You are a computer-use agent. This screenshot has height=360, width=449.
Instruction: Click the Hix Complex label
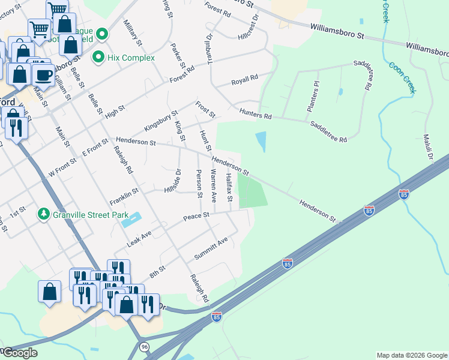pyautogui.click(x=131, y=58)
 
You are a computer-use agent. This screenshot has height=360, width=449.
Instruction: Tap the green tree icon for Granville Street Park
pyautogui.click(x=43, y=214)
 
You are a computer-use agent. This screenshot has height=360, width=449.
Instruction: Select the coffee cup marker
pyautogui.click(x=43, y=76)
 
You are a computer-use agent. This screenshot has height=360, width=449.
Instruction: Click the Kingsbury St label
pyautogui.click(x=160, y=121)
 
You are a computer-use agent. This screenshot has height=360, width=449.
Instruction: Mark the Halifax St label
pyautogui.click(x=229, y=187)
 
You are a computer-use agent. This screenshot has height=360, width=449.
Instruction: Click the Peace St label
pyautogui.click(x=196, y=216)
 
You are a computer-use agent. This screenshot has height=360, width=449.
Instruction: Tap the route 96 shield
pyautogui.click(x=144, y=347)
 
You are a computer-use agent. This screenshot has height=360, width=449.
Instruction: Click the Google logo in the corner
pyautogui.click(x=19, y=353)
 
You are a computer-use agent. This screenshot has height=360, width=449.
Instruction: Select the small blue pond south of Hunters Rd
pyautogui.click(x=261, y=142)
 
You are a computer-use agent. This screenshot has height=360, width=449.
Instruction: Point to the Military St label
pyautogui.click(x=132, y=33)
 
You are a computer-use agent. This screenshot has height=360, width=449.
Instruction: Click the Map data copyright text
pyautogui.click(x=411, y=355)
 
